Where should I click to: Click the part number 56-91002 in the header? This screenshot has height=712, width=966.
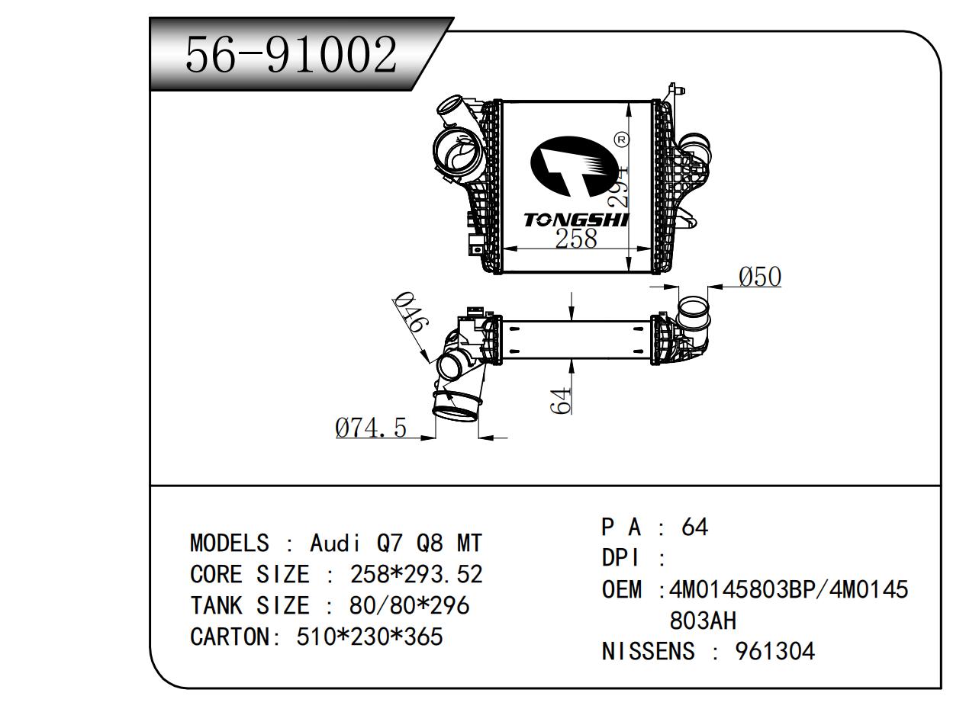pos(291,55)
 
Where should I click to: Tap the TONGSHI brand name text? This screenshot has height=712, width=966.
pos(575,220)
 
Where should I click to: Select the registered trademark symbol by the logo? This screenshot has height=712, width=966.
pos(621,140)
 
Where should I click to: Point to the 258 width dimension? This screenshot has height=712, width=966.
pos(576,239)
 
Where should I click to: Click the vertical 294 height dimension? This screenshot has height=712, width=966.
pos(617,185)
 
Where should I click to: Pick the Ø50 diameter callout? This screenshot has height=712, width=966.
pos(760,277)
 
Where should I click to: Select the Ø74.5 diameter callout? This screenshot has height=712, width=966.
pos(371,428)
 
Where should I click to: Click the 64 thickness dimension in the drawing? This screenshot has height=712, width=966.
pos(562,400)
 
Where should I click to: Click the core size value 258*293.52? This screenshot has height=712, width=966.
pos(416,574)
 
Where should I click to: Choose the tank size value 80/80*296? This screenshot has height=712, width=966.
pos(409,605)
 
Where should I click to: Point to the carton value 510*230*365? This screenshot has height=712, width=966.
pos(369,636)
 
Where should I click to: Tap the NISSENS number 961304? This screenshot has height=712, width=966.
pos(774,651)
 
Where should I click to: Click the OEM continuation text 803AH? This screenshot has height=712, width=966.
pos(708,621)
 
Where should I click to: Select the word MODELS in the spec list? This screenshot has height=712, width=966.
pos(229,544)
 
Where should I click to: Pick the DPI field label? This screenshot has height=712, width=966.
pos(620,558)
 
